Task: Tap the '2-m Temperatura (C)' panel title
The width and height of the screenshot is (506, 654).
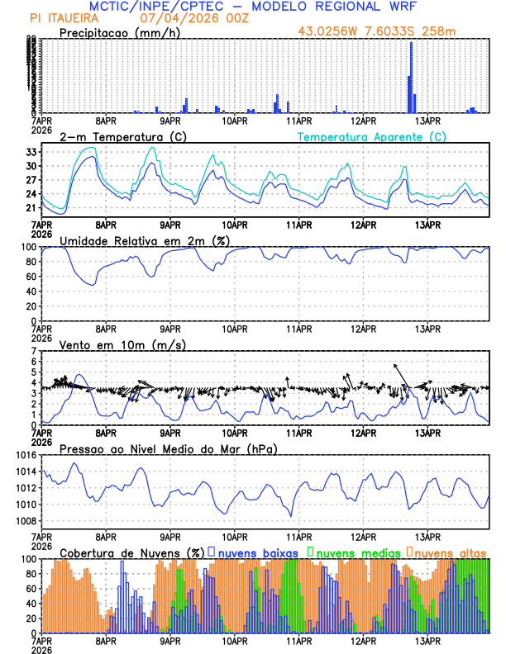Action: [122, 136]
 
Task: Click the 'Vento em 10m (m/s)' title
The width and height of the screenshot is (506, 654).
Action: [122, 344]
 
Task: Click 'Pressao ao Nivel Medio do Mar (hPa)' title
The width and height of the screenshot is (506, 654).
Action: [168, 448]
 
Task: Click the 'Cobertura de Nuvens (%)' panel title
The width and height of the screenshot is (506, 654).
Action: [131, 552]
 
